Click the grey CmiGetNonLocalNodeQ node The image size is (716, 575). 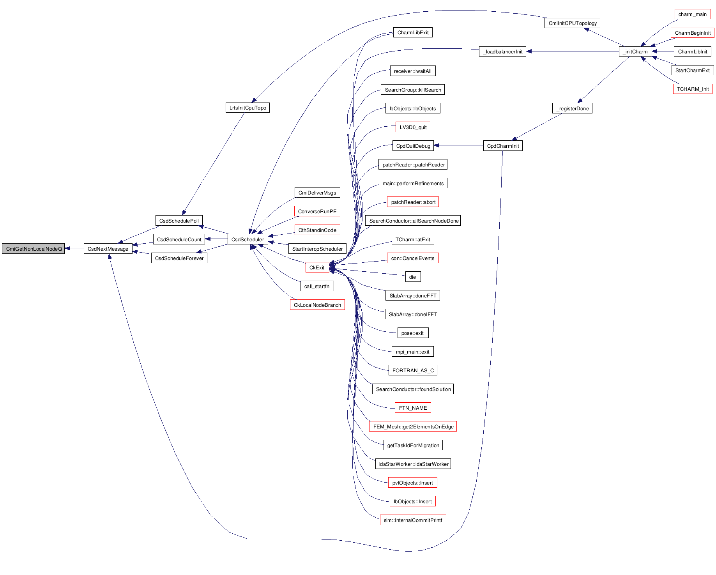click(34, 249)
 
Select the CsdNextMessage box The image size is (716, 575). click(108, 249)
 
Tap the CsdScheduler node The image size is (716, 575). click(248, 239)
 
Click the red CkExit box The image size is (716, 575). click(317, 267)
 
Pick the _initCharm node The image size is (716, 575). click(635, 51)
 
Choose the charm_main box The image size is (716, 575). click(692, 14)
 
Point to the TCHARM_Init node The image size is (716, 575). click(693, 89)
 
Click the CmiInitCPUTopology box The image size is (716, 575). click(572, 23)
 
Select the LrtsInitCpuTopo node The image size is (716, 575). click(248, 108)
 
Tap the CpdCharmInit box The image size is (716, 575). click(503, 146)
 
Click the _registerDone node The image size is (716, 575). click(572, 108)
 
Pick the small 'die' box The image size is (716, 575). click(412, 277)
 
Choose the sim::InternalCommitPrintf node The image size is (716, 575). click(413, 520)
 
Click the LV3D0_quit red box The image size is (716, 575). click(413, 127)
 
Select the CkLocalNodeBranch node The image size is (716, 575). click(317, 305)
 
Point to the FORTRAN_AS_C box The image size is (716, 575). click(413, 370)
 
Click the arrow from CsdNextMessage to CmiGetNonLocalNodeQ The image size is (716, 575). click(74, 248)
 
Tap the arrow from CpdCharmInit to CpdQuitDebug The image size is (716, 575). click(458, 145)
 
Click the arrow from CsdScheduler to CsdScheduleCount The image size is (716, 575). click(216, 239)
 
